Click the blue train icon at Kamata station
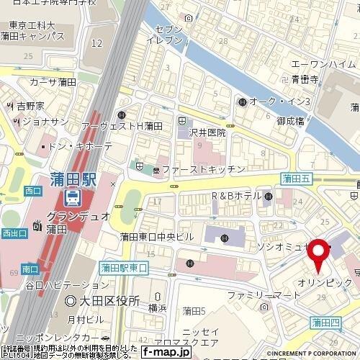[73, 196]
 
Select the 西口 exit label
[32, 191]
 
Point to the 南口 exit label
[30, 269]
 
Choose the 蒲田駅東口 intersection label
[124, 267]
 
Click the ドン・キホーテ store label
[81, 146]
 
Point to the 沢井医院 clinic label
[208, 132]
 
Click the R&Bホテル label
[235, 196]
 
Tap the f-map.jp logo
[166, 352]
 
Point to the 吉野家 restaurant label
[31, 106]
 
